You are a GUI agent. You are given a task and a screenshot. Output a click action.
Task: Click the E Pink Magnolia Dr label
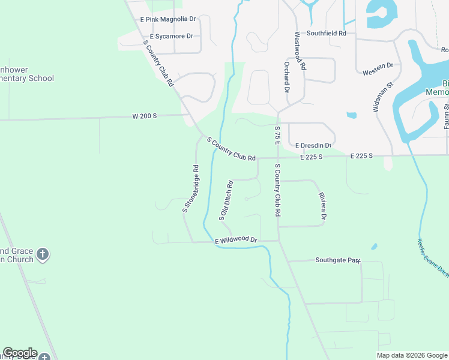pyautogui.click(x=168, y=19)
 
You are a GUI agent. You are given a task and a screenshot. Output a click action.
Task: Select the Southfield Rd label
pyautogui.click(x=327, y=34)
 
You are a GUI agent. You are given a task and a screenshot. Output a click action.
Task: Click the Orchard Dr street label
pyautogui.click(x=287, y=77)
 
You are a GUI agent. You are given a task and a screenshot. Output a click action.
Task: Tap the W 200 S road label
pyautogui.click(x=145, y=116)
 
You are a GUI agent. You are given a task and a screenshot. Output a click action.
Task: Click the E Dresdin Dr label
pyautogui.click(x=313, y=145)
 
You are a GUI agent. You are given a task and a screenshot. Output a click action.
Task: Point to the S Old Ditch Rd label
pyautogui.click(x=226, y=200)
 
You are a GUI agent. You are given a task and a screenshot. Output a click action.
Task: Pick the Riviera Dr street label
pyautogui.click(x=323, y=207)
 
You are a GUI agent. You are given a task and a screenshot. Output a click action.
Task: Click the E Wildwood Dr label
pyautogui.click(x=236, y=240)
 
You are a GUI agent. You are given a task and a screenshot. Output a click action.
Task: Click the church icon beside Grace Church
pyautogui.click(x=42, y=254)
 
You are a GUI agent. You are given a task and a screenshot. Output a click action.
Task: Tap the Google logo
pyautogui.click(x=19, y=353)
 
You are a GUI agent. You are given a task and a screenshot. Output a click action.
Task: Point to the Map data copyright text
pyautogui.click(x=412, y=355)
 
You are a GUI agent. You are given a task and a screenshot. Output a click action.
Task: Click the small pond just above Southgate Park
pyautogui.click(x=375, y=247)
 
